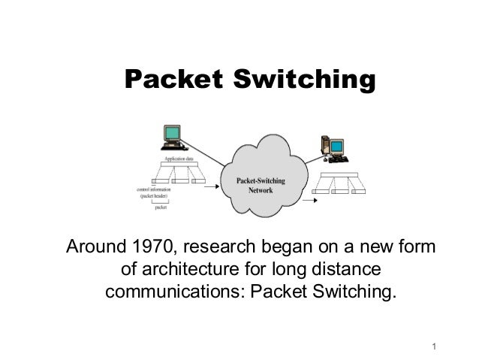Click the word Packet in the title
pyautogui.click(x=169, y=80)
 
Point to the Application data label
pyautogui.click(x=179, y=159)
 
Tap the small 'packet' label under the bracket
pyautogui.click(x=160, y=209)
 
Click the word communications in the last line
pyautogui.click(x=172, y=291)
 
